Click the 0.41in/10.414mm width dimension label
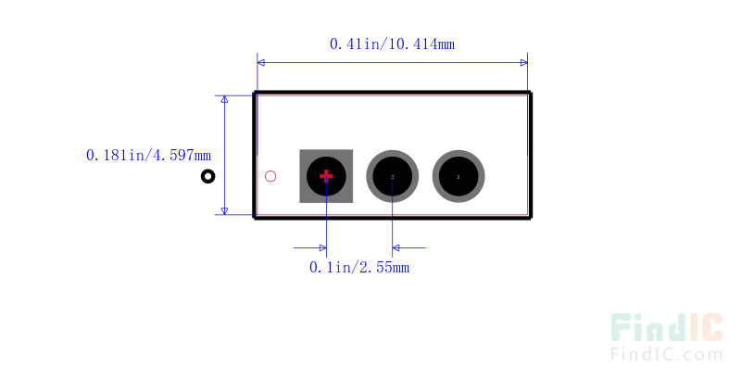(392, 44)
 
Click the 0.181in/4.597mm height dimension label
(148, 156)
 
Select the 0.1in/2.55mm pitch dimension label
(359, 268)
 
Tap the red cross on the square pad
(326, 175)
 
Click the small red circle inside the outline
(270, 176)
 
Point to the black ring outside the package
(208, 176)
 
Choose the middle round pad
(393, 176)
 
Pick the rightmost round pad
(458, 176)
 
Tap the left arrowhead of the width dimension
(261, 62)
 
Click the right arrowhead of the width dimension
(523, 62)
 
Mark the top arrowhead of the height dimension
(224, 99)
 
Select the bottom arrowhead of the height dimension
(224, 210)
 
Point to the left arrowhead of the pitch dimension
(321, 247)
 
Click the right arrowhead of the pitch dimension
(397, 247)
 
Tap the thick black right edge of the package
(530, 155)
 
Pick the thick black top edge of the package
(392, 93)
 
